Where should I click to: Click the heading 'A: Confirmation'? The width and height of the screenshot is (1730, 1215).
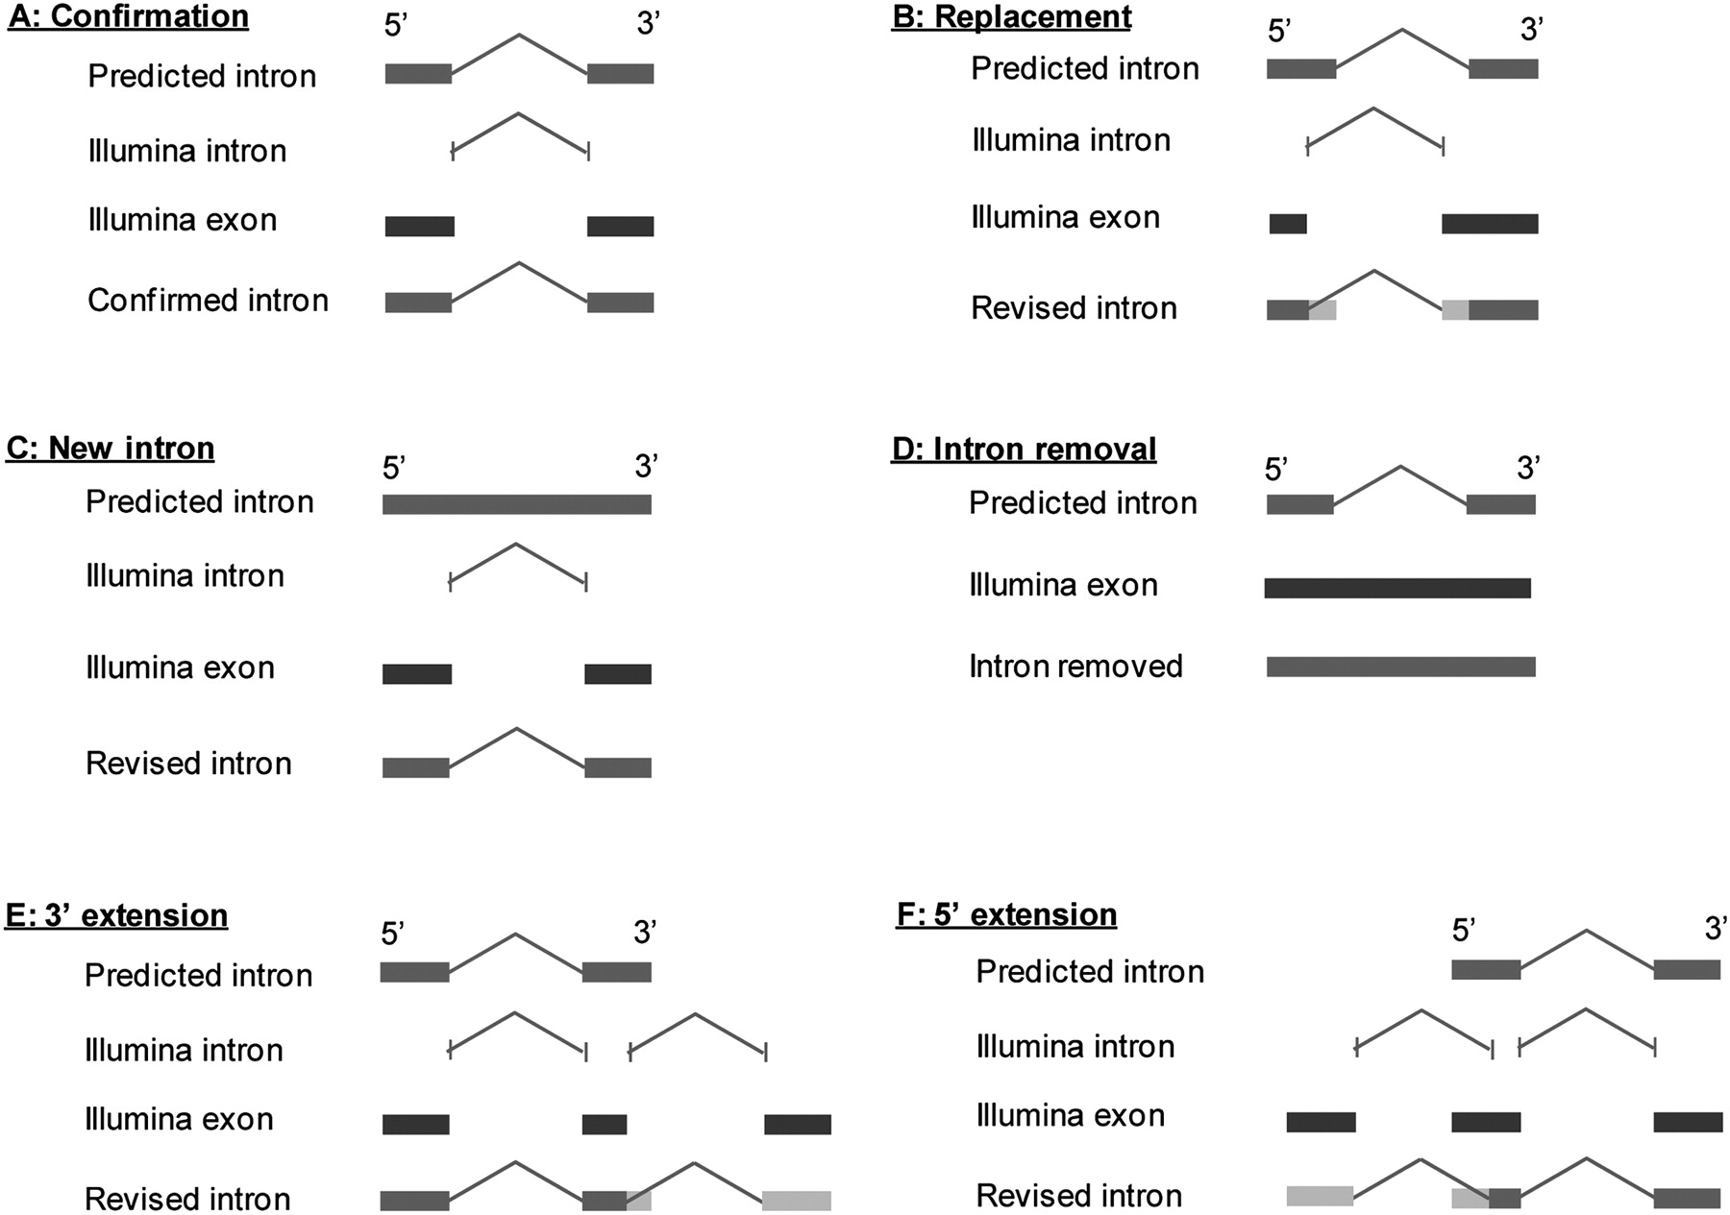tap(128, 16)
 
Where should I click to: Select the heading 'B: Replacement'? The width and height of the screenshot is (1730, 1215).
tap(1012, 16)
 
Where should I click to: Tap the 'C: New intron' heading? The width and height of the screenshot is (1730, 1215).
tap(111, 448)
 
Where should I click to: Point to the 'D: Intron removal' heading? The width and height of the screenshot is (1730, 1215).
tap(1025, 449)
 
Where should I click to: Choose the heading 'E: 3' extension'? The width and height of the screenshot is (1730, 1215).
tap(117, 915)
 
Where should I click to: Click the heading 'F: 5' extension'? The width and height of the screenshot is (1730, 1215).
tap(1007, 914)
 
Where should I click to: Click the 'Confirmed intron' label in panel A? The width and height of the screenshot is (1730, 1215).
tap(209, 301)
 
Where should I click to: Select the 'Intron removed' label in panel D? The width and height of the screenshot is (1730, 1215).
tap(1075, 666)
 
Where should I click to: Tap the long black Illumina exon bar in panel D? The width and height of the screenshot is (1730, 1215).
tap(1397, 588)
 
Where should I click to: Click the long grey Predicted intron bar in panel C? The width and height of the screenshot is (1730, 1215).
tap(517, 504)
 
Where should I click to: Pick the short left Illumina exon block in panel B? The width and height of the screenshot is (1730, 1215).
tap(1288, 224)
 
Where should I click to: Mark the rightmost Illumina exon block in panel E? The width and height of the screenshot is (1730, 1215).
tap(798, 1124)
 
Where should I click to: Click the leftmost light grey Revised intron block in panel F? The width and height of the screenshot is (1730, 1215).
tap(1320, 1196)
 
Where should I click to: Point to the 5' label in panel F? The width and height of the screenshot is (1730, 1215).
tap(1463, 930)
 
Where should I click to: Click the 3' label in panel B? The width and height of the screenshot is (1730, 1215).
tap(1532, 30)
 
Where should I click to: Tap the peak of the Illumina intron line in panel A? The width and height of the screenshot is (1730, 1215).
tap(519, 113)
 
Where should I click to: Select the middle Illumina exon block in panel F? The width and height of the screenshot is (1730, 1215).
tap(1486, 1122)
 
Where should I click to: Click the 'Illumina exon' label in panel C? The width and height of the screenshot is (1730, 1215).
tap(181, 668)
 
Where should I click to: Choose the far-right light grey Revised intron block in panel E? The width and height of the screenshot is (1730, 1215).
tap(797, 1200)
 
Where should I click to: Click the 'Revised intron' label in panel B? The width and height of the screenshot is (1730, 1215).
tap(1075, 307)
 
